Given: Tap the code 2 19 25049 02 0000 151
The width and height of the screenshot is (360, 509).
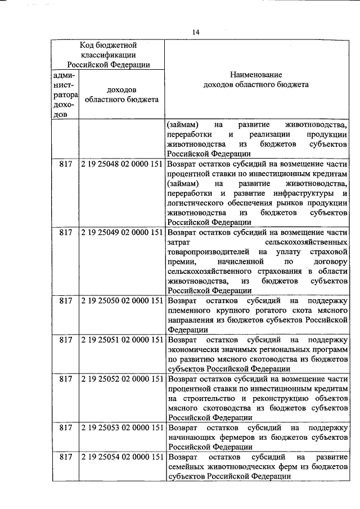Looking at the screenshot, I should coord(121,232).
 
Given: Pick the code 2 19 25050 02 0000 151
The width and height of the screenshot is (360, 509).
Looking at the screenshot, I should coord(121,300).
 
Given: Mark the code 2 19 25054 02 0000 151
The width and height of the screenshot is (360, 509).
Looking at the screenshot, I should coord(121,458).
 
